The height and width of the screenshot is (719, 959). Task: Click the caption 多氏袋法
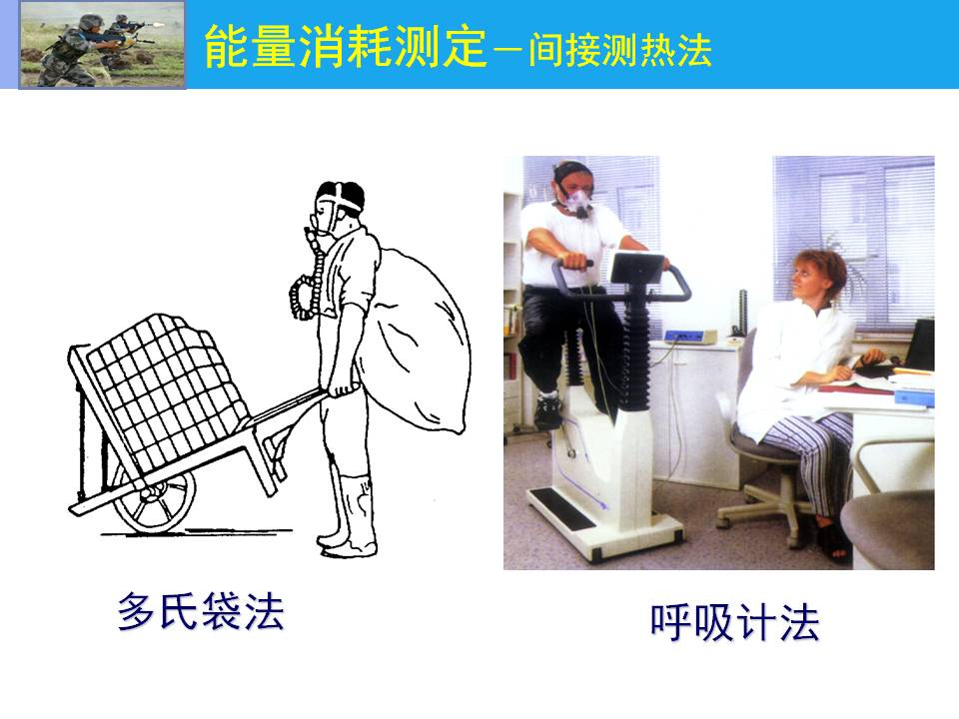pyautogui.click(x=201, y=611)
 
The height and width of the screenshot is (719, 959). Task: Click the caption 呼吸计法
pyautogui.click(x=734, y=622)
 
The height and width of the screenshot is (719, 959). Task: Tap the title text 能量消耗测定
pyautogui.click(x=346, y=47)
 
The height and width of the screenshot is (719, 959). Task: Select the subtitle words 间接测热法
pyautogui.click(x=620, y=50)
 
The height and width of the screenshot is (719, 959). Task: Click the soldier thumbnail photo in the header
pyautogui.click(x=102, y=45)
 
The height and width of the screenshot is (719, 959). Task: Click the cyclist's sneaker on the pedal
pyautogui.click(x=548, y=410)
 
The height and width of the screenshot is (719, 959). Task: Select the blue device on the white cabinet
pyautogui.click(x=690, y=336)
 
